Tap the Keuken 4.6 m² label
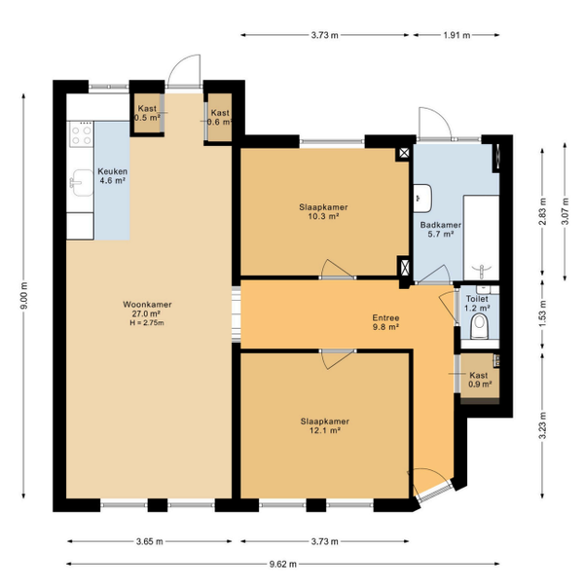coord(113,176)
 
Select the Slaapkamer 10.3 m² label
coord(323,211)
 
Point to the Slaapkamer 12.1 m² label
coord(325,425)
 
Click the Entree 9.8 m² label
coord(385,322)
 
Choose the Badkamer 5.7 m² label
coord(441,230)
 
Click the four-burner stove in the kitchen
coord(82,135)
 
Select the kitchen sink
coord(82,183)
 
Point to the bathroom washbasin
coord(422,198)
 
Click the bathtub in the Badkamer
coord(481,237)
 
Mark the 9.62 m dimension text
coord(282,564)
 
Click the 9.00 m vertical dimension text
coord(24,296)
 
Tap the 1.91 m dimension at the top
coord(456,35)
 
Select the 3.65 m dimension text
coord(149,541)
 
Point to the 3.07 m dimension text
coord(566,211)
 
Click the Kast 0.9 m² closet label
coord(480,380)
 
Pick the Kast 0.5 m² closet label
coord(147,113)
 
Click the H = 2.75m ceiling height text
coord(147,322)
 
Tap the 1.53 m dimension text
coord(543,313)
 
